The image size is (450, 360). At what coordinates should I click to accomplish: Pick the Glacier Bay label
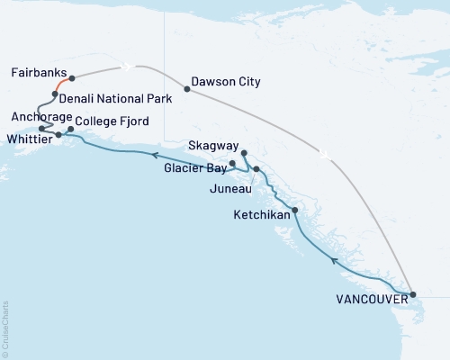coord(193,167)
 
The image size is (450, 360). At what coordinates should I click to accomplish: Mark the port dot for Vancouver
coord(413,294)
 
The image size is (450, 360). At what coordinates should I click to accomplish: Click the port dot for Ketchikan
coord(295,210)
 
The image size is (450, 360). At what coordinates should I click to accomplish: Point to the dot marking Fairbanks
coord(72,78)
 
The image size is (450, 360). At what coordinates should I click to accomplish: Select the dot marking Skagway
coord(244,153)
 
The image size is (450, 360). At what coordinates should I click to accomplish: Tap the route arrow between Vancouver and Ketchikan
coord(335,261)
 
